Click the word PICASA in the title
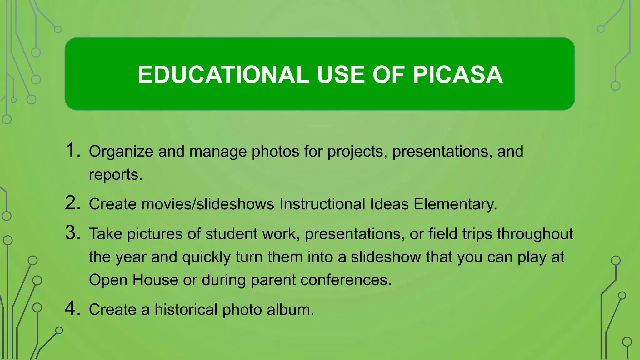click(458, 75)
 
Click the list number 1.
click(73, 150)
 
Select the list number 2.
click(73, 203)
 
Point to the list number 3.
click(73, 233)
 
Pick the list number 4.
click(73, 308)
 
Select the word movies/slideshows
click(208, 204)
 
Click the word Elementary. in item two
click(455, 204)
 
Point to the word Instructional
click(322, 204)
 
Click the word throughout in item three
click(535, 234)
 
